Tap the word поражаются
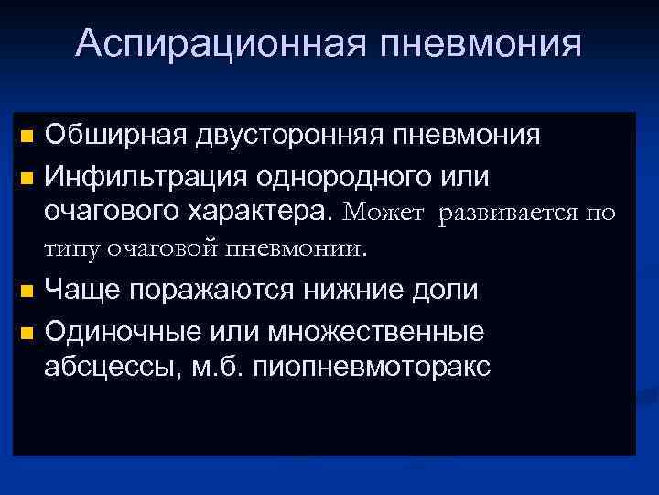click(211, 290)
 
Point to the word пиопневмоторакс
click(378, 367)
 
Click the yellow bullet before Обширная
click(26, 137)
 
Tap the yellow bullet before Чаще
click(26, 291)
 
